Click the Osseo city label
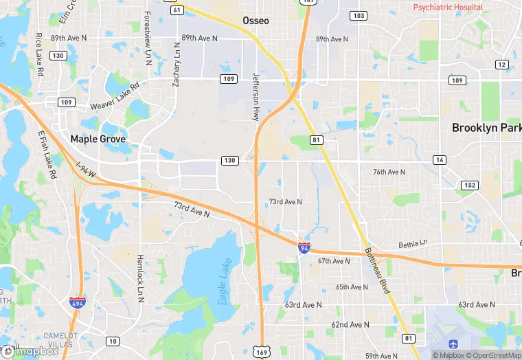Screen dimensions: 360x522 (256, 21)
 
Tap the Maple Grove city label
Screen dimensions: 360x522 (98, 139)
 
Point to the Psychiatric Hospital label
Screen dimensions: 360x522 (448, 8)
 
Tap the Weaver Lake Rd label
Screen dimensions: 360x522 (115, 97)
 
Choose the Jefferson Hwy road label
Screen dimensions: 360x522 (257, 97)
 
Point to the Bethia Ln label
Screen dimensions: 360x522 (413, 245)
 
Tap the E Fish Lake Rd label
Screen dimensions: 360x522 (47, 155)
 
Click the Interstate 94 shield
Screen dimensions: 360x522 (304, 247)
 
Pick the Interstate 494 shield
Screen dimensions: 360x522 (76, 303)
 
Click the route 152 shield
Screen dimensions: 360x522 (470, 185)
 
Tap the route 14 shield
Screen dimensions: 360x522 (439, 160)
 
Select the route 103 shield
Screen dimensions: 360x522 (358, 15)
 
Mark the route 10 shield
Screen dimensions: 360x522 (111, 341)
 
